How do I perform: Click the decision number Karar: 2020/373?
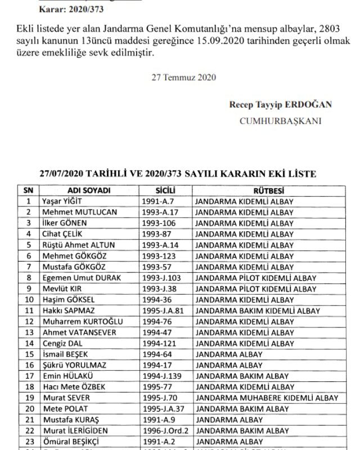click(63, 10)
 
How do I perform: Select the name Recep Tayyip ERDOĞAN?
click(280, 105)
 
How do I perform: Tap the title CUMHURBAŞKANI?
click(280, 120)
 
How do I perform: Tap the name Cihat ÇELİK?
click(64, 234)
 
